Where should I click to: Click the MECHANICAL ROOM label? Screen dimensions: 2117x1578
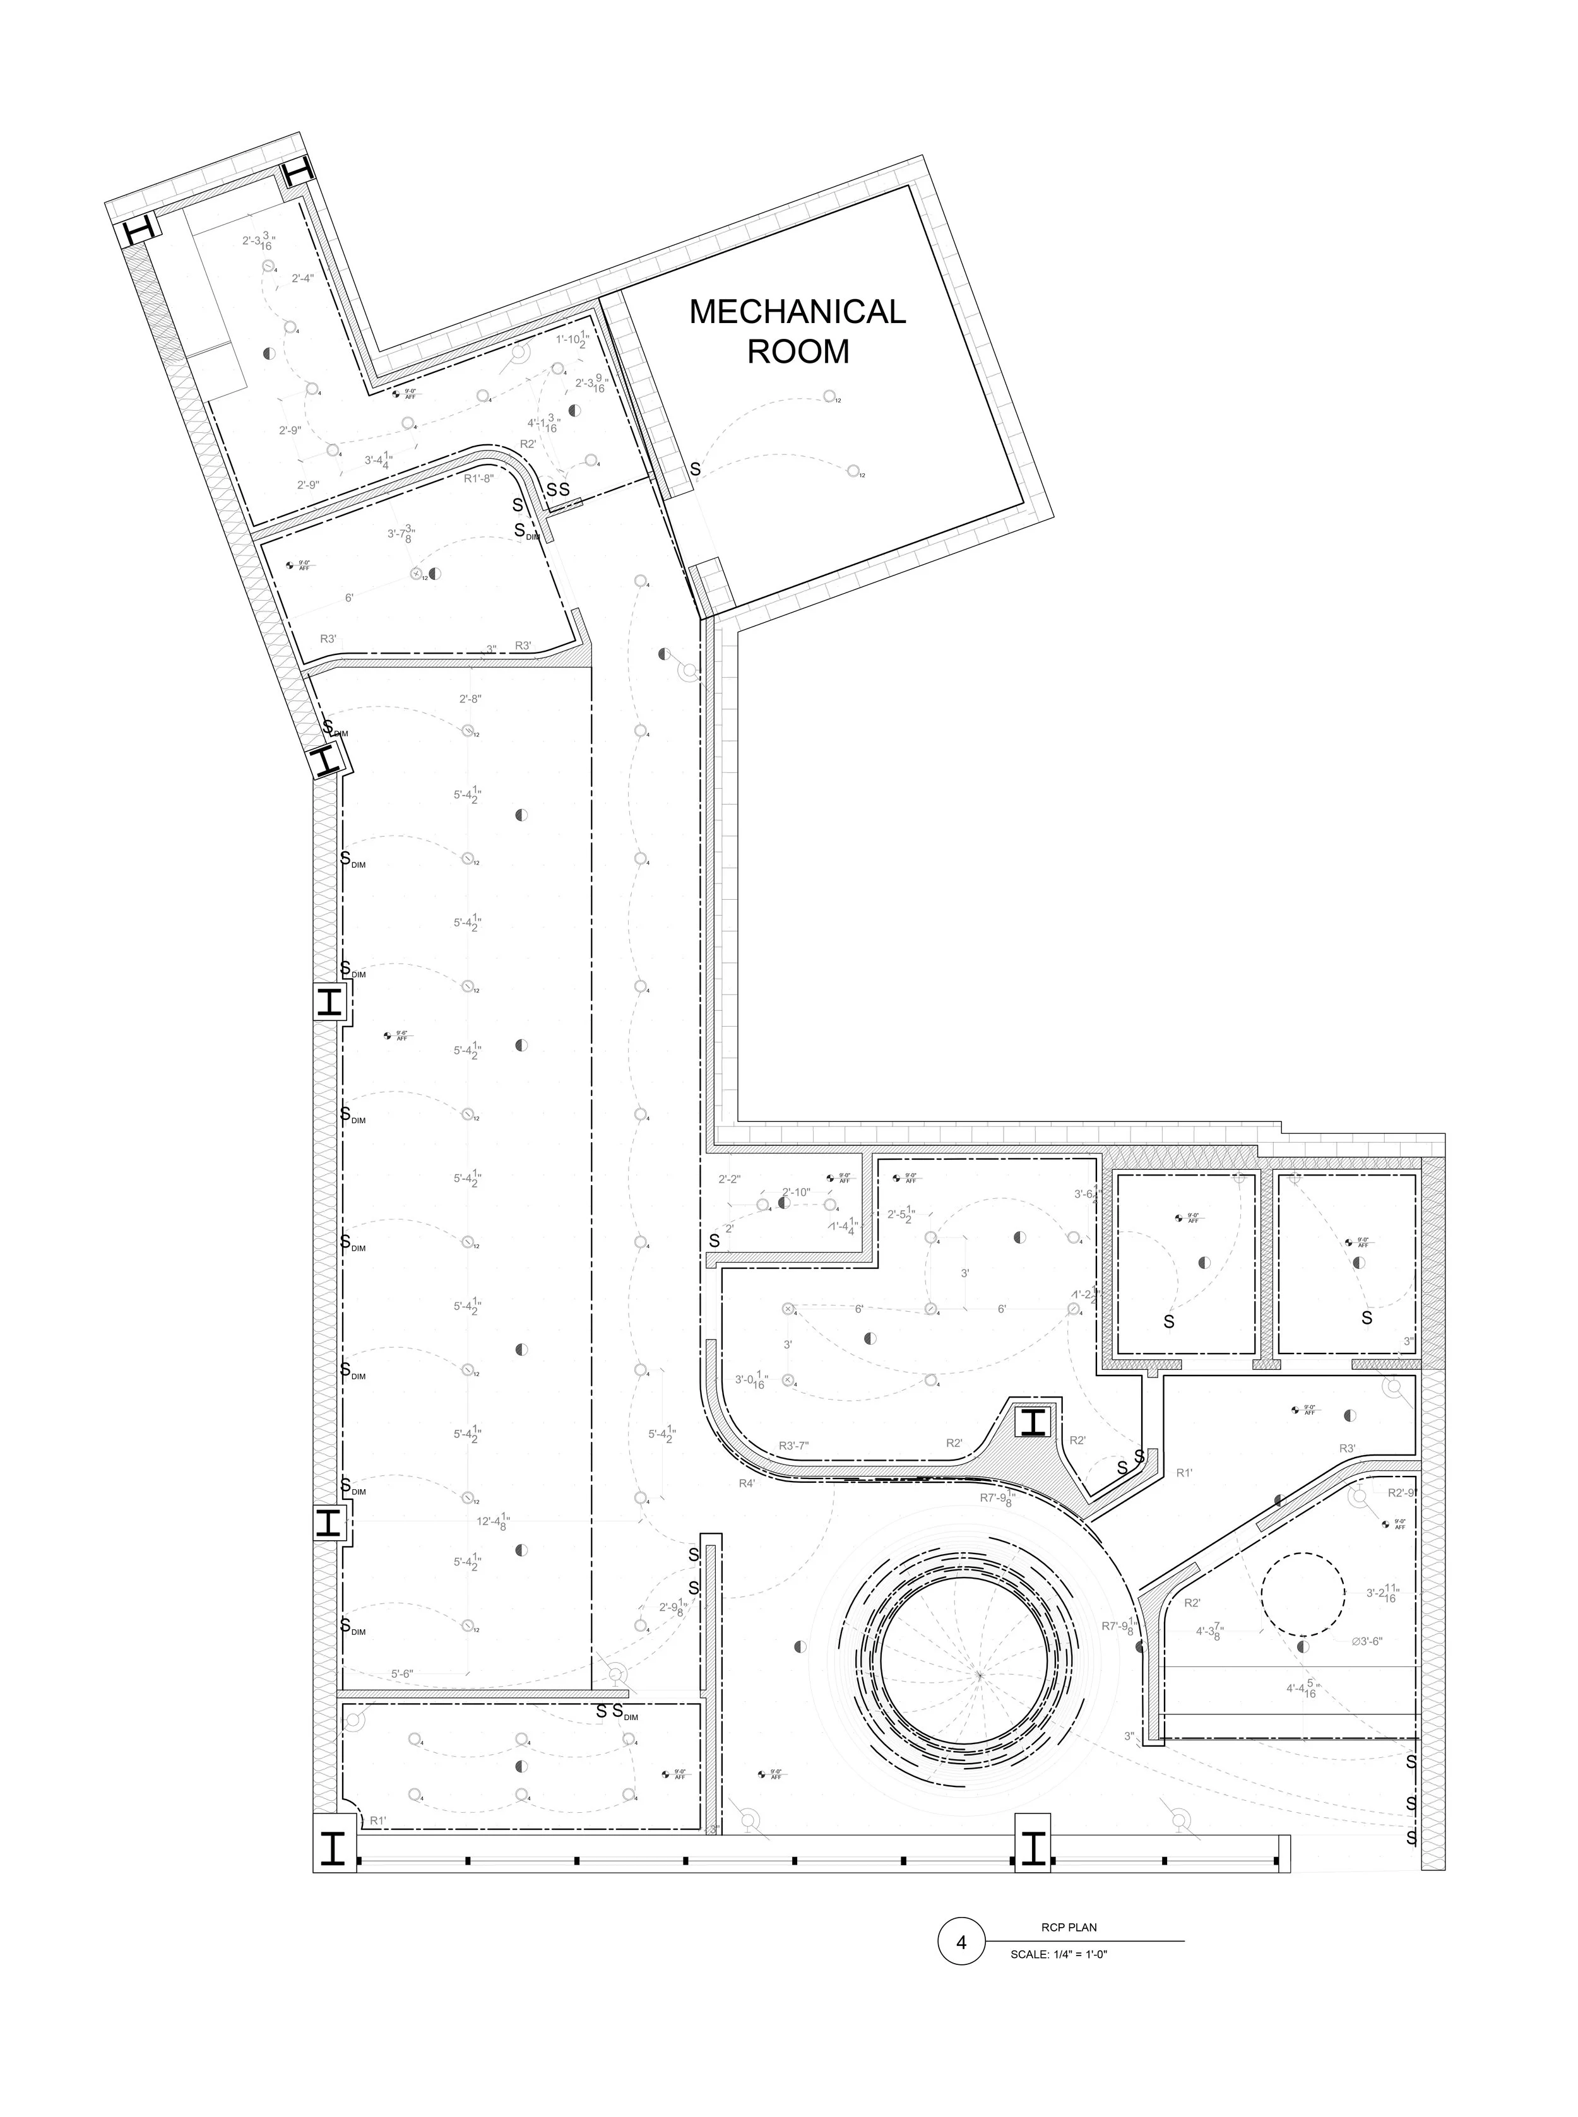coord(798,331)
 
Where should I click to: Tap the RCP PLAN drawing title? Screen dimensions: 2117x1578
coord(1069,1927)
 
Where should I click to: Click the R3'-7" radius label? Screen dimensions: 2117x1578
coord(794,1446)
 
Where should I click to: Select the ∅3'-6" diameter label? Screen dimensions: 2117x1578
coord(1367,1641)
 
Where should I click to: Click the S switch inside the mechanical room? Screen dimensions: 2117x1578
coord(696,470)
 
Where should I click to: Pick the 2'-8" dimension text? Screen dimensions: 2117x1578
coord(470,699)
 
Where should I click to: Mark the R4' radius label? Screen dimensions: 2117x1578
coord(747,1483)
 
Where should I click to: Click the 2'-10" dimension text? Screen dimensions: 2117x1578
coord(796,1192)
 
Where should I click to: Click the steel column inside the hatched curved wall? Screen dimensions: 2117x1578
coord(1033,1423)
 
